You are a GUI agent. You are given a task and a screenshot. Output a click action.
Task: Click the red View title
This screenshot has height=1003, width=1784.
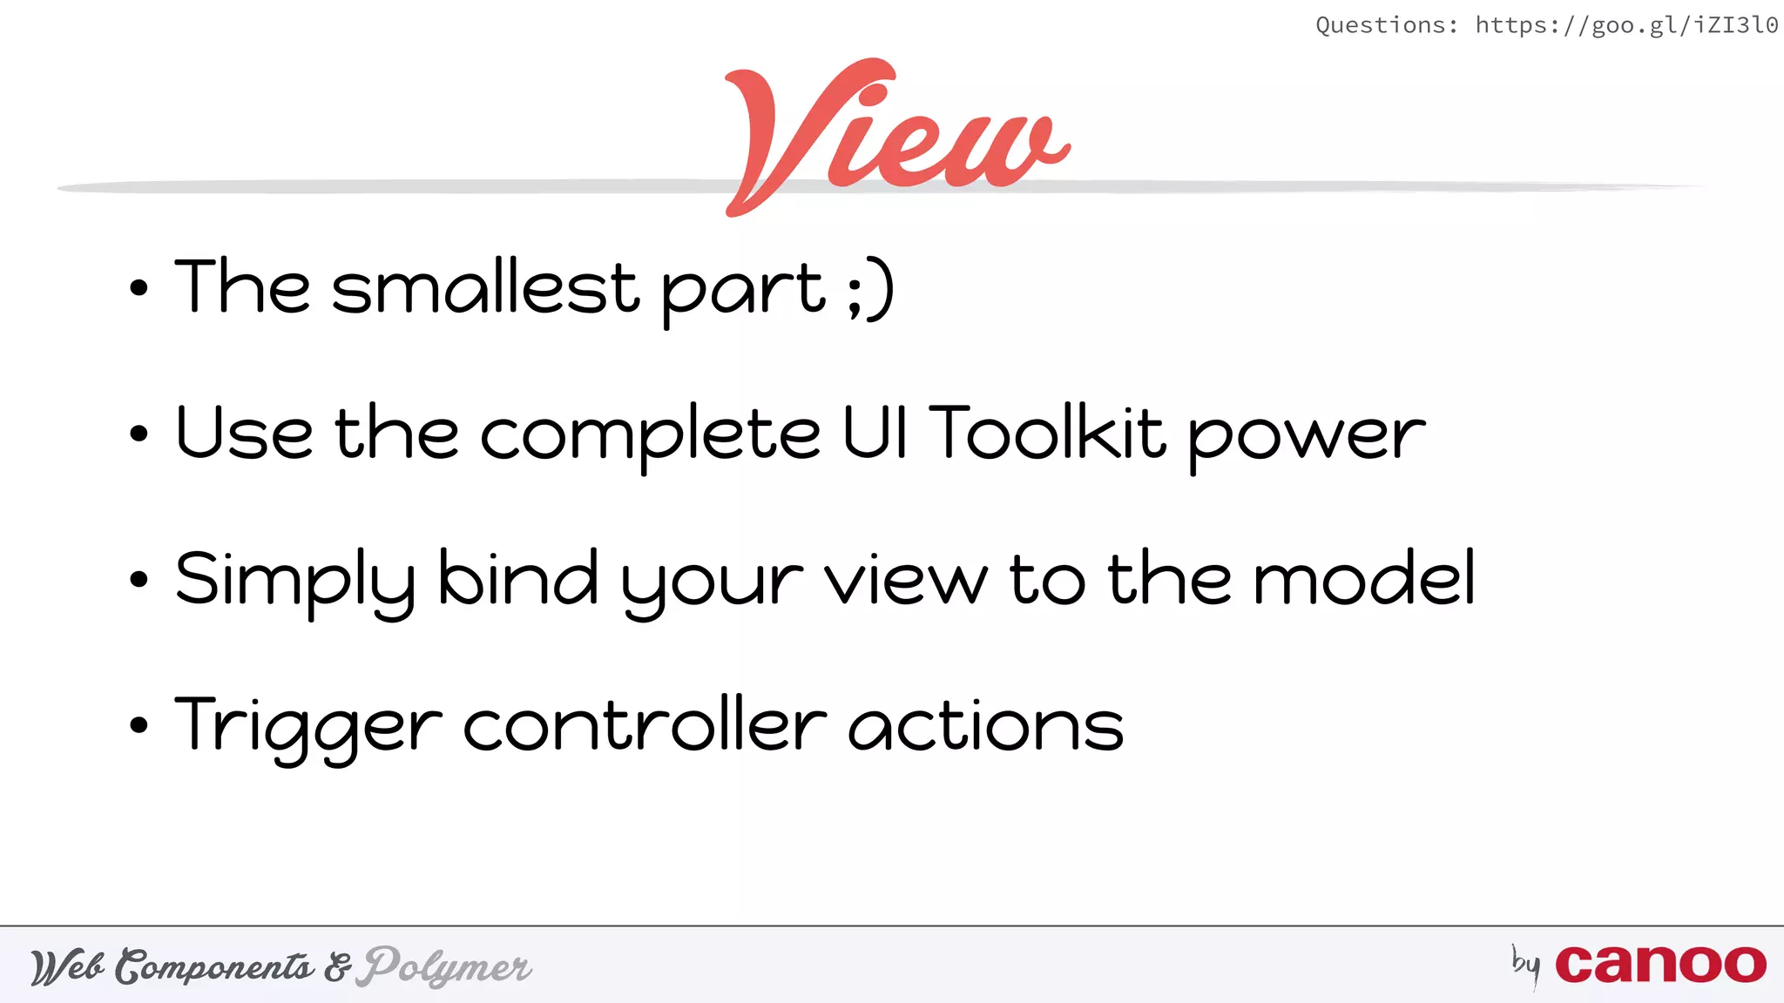coord(897,135)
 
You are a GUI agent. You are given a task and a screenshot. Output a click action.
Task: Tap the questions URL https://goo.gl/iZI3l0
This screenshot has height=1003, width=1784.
coord(1626,25)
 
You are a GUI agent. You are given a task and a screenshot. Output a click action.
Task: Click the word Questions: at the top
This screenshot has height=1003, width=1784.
coord(1386,25)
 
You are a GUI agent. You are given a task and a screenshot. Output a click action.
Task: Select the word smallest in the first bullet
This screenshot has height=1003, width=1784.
coord(485,287)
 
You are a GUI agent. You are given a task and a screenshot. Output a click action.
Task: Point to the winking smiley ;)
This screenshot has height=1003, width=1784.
coord(870,289)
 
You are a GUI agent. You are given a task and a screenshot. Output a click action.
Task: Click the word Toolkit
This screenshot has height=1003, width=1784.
coord(1047,432)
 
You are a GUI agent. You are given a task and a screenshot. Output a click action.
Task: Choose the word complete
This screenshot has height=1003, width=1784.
coord(650,435)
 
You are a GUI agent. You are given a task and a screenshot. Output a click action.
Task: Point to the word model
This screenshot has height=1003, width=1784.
coord(1363,578)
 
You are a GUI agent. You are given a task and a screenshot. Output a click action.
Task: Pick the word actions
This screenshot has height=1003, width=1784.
coord(986,726)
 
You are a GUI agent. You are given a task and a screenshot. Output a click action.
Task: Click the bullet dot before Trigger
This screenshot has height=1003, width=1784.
coord(139,725)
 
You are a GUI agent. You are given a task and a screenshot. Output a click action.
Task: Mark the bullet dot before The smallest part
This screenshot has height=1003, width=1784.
coord(139,288)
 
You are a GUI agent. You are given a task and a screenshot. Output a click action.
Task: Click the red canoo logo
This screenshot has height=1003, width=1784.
coord(1660,965)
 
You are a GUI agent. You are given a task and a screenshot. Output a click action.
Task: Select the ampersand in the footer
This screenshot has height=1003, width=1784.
coord(338,967)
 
